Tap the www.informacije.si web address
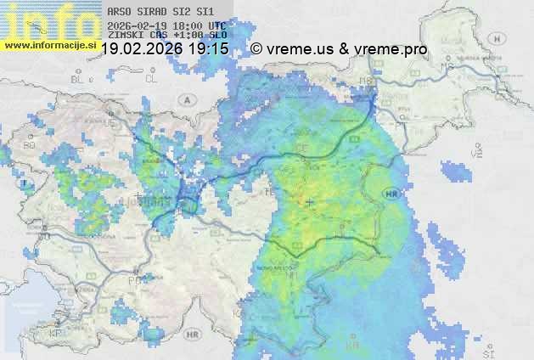[50, 45]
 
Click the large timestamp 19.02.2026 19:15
[165, 50]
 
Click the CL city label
[151, 78]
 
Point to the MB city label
[367, 82]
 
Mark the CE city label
[301, 148]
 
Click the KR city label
[353, 347]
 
